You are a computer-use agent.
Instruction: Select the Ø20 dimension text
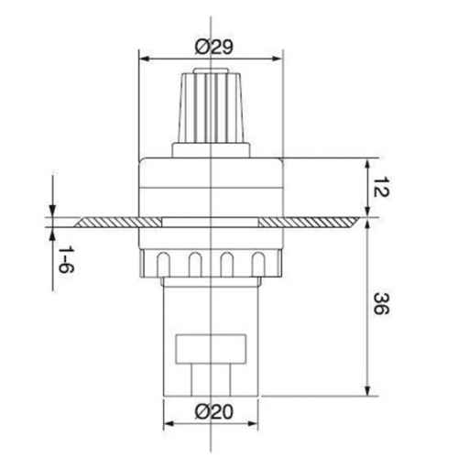[x=213, y=413]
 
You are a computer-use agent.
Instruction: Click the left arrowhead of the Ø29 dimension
[x=143, y=57]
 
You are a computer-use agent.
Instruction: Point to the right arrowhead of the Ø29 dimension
[x=281, y=57]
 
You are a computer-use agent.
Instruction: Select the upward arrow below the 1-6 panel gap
[x=52, y=234]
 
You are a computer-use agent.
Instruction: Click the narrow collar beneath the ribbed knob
[x=213, y=148]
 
